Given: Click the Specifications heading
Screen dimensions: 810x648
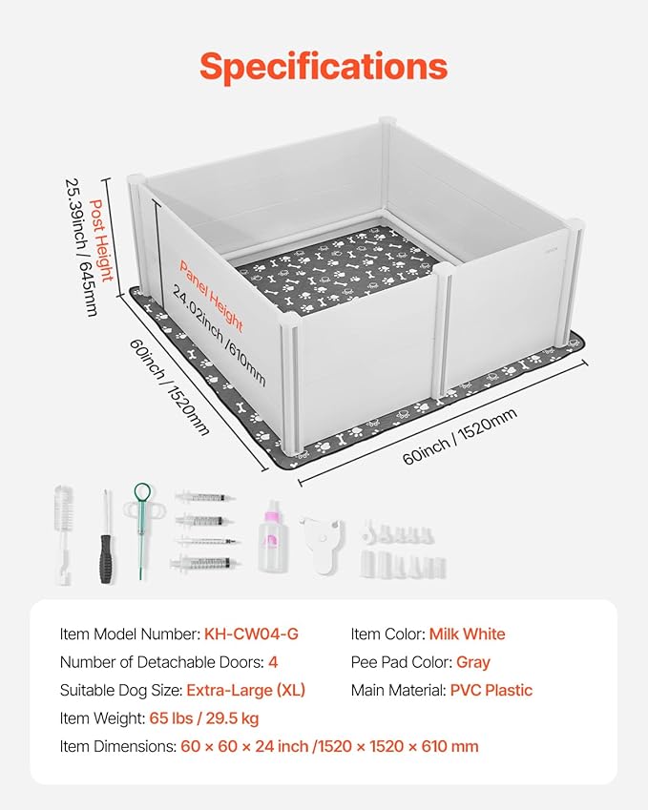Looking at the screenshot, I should pos(324,66).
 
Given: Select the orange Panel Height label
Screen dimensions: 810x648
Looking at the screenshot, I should pos(211,296).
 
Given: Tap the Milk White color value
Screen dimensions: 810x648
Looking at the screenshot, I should pos(467,634).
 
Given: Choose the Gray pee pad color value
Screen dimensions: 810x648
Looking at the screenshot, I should pos(470,662).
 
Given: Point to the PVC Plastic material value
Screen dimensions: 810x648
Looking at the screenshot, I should pos(491,690).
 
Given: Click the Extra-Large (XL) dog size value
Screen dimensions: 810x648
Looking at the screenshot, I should pos(245,690).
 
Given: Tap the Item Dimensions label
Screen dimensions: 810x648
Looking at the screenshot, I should pos(117,747).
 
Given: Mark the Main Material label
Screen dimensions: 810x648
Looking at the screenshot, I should pos(398,690).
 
